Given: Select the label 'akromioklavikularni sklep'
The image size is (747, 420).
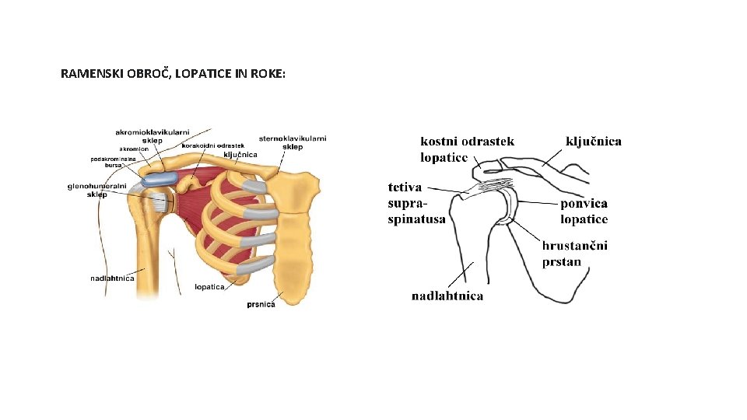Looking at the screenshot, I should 151,136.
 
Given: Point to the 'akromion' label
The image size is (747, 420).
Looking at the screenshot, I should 134,149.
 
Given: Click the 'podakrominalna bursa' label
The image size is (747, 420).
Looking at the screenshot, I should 114,162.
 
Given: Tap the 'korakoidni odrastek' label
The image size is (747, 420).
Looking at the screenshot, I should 213,145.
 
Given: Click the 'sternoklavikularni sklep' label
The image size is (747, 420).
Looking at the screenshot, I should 293,142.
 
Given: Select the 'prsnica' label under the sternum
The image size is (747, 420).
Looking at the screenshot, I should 261,303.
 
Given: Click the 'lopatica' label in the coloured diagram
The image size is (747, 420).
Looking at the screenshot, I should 209,286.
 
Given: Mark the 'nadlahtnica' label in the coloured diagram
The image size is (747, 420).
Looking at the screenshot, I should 112,278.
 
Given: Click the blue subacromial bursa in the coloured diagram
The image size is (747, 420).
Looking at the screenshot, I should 159,179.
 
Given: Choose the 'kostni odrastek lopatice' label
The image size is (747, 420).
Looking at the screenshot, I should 467,149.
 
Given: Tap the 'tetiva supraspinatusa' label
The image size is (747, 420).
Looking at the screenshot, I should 416,203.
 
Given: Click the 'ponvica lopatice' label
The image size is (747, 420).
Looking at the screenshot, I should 584,211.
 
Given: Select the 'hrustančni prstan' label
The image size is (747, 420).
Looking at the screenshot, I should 575,254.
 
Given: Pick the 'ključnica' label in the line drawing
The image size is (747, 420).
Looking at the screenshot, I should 593,141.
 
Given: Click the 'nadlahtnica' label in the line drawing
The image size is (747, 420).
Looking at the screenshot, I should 447,296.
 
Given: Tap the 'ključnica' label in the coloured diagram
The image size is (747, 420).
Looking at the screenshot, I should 240,155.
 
